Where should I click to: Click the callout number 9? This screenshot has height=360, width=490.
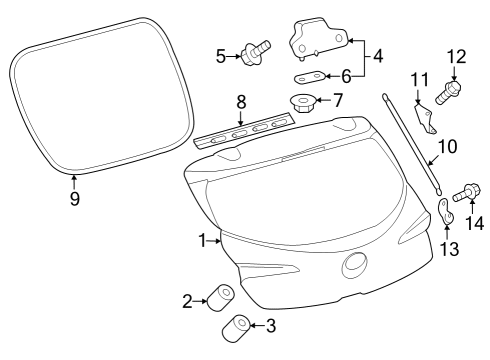click(x=74, y=197)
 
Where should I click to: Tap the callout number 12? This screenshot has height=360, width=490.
click(x=456, y=57)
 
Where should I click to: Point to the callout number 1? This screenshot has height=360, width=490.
click(x=203, y=240)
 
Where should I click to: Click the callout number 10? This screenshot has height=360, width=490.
click(x=449, y=147)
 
